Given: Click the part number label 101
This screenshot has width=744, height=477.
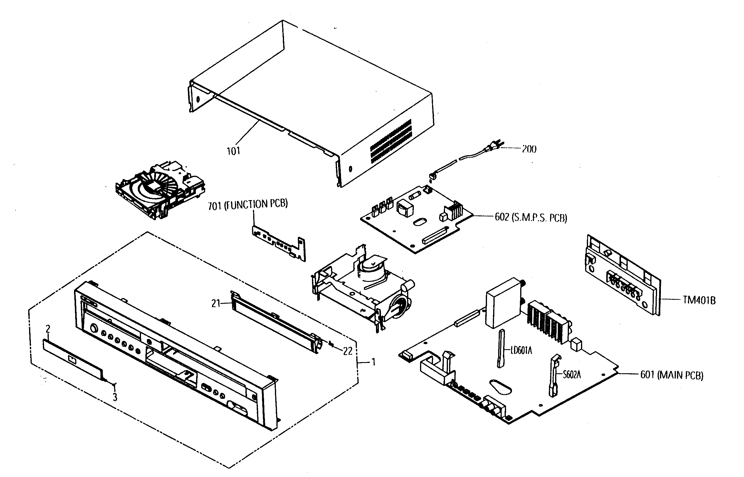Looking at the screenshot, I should point(233,151).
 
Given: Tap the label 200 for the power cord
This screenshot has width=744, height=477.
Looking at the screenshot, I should point(529,149).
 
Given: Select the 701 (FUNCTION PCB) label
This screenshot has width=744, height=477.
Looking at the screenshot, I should point(248,205).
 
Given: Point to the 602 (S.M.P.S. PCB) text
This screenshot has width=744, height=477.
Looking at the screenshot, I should point(531,218).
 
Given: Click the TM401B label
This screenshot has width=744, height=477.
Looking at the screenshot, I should point(699,300).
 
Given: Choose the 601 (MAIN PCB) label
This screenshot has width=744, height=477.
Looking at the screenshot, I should point(671,375).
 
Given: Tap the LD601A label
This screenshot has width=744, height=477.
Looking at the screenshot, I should point(521,351).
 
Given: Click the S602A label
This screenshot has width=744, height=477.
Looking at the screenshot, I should point(572,375).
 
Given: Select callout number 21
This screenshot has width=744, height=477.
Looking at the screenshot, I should point(216,304).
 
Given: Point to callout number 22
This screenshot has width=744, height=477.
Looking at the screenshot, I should point(348,351).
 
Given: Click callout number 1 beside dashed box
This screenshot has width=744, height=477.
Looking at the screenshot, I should point(374,362).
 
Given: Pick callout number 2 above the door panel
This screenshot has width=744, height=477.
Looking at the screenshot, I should point(48,329).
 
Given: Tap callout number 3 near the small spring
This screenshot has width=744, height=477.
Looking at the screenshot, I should point(115,397).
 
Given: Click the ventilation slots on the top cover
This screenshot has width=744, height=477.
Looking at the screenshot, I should point(391,141).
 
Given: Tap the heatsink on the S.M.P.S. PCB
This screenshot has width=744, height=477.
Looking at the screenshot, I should point(454,211).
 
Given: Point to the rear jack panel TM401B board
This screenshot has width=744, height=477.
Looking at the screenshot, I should point(622,276).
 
